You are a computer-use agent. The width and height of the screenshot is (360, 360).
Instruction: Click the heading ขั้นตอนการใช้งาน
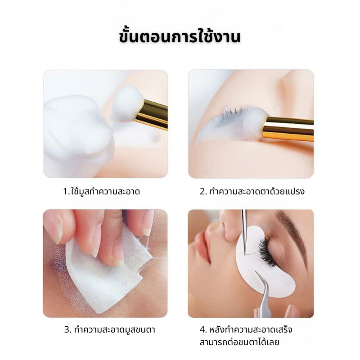[180, 36]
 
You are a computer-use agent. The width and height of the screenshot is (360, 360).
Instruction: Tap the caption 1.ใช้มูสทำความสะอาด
[101, 191]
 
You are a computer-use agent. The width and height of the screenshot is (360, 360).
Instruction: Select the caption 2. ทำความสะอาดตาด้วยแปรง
[252, 191]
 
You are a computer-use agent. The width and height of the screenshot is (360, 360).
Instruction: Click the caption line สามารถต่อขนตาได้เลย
[239, 342]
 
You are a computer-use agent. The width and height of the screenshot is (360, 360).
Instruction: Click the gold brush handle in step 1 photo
[151, 115]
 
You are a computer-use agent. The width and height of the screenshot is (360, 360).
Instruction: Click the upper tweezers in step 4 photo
[245, 229]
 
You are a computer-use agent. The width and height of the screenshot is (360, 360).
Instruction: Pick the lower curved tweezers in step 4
[265, 288]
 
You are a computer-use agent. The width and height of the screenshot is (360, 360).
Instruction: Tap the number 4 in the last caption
[202, 330]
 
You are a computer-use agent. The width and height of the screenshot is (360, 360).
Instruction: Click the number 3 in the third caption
[67, 330]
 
